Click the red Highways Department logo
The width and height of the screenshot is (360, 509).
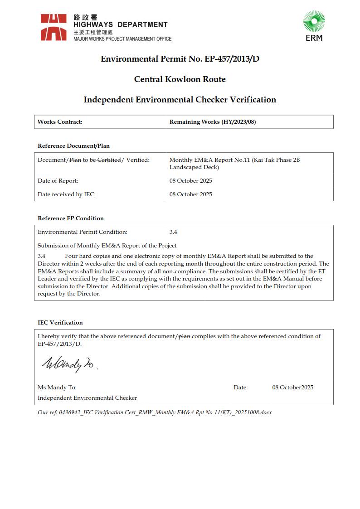point(54,27)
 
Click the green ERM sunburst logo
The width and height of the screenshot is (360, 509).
point(314,22)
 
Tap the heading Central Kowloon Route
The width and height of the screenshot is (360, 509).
point(180,79)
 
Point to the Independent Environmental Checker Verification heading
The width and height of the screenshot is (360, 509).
point(180,100)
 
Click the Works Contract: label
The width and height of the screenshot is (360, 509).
point(60,122)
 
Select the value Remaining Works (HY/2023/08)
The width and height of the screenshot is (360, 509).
point(212,122)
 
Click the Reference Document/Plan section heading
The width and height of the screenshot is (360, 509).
point(73,146)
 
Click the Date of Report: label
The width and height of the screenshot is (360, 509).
point(58,181)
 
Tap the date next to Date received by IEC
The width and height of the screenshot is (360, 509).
point(190,194)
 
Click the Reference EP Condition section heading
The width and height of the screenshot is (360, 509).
point(71,218)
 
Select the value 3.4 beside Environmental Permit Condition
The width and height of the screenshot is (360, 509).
point(173,232)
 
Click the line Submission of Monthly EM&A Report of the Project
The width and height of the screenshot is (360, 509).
point(107,246)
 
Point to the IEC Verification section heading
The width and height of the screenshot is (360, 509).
point(60,323)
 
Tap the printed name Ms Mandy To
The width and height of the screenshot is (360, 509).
point(57,388)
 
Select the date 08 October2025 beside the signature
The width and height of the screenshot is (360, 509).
point(292,388)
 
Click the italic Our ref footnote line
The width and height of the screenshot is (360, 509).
point(155,412)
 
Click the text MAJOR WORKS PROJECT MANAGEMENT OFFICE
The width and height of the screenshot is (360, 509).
point(122,39)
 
